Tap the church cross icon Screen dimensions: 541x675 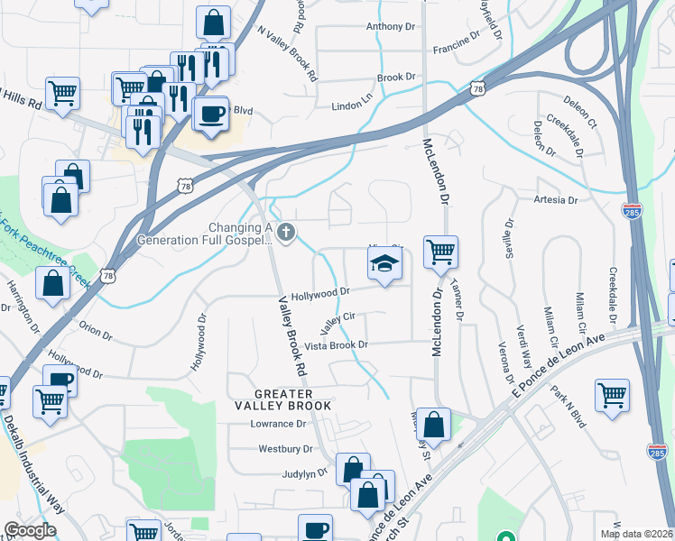tap(286, 234)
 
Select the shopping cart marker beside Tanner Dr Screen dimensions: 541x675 tap(440, 252)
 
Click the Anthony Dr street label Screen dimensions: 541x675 tap(391, 27)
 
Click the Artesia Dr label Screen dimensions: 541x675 tap(555, 200)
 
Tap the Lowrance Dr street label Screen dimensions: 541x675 tap(279, 424)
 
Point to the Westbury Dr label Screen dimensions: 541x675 tap(285, 448)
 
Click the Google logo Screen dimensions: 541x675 tap(30, 530)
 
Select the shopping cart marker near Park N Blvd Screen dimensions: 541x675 tap(612, 395)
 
